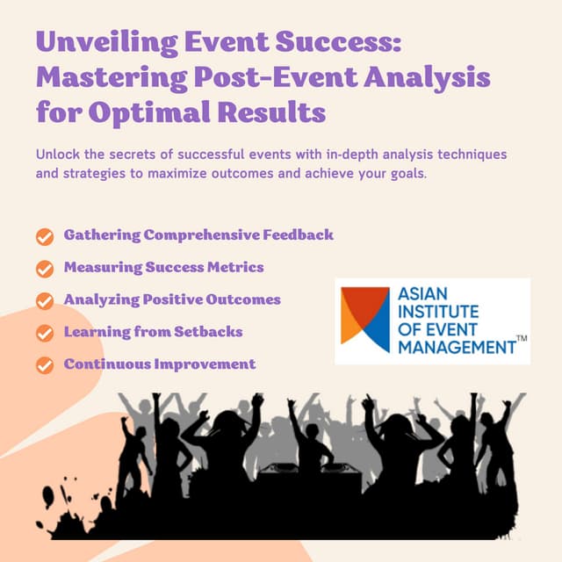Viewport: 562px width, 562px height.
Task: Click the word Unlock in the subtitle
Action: click(x=58, y=154)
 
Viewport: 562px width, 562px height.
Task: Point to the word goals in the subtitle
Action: click(x=403, y=173)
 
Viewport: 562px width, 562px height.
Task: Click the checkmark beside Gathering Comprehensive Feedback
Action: click(x=44, y=236)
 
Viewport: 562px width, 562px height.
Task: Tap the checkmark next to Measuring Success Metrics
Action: click(x=44, y=268)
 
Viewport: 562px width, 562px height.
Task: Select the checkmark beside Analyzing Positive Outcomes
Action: click(x=44, y=300)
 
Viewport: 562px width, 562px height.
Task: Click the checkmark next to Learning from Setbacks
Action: click(x=44, y=333)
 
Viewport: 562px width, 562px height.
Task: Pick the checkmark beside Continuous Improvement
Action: click(x=44, y=364)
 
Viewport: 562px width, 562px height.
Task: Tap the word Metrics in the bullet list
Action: click(x=234, y=267)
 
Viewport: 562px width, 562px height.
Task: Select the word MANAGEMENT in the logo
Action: click(x=457, y=347)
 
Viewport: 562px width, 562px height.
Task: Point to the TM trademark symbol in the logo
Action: click(x=522, y=338)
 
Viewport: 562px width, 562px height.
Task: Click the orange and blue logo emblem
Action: click(x=365, y=316)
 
